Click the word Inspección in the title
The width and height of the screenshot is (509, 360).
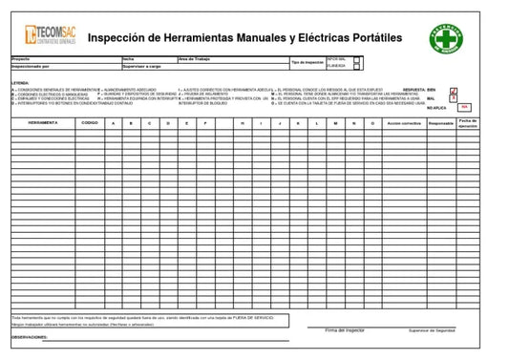(x=120, y=35)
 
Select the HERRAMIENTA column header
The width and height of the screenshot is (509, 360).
(x=42, y=123)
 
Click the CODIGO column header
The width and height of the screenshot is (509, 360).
(x=89, y=123)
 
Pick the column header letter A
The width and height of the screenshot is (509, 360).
(x=114, y=123)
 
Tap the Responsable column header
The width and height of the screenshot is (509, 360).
(x=440, y=123)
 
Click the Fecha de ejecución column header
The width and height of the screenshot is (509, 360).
(x=467, y=123)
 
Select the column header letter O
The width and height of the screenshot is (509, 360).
(x=371, y=123)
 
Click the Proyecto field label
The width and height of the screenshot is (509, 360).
(x=21, y=58)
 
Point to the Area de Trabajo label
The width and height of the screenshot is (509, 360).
(x=197, y=58)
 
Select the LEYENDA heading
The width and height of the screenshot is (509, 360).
(x=20, y=83)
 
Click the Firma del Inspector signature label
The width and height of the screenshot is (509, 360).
(x=346, y=328)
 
